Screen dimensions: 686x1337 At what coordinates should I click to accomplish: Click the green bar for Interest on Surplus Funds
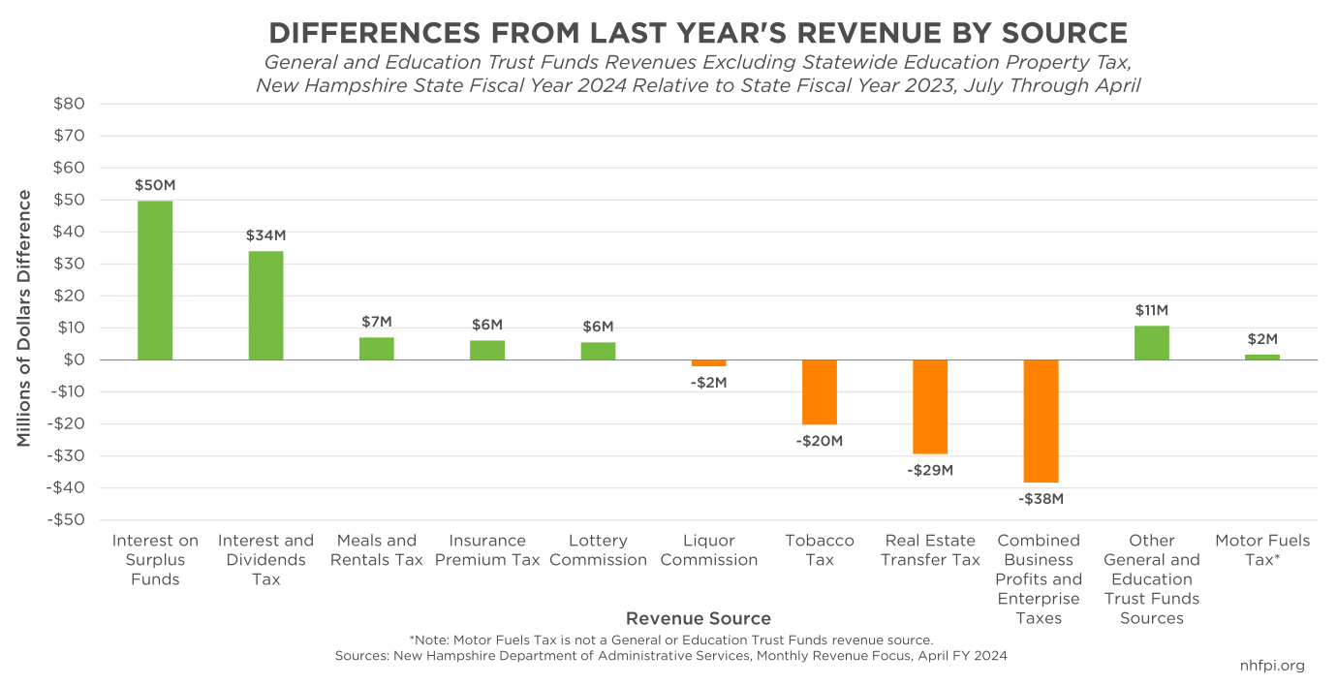tap(155, 280)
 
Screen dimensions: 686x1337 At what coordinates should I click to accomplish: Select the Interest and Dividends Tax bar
tap(265, 305)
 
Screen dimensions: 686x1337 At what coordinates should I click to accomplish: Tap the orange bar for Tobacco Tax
tap(820, 391)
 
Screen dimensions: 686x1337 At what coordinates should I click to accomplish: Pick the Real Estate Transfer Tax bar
tap(930, 406)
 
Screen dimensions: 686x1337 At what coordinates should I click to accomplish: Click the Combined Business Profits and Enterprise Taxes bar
tap(1041, 421)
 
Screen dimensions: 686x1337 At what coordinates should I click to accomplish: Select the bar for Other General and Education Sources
tap(1151, 343)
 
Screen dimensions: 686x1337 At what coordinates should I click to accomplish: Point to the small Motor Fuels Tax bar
tap(1261, 357)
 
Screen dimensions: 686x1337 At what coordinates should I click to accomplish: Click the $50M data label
tap(155, 185)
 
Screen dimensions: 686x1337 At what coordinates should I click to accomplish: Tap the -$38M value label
tap(1041, 499)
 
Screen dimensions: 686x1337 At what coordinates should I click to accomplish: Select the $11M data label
tap(1151, 310)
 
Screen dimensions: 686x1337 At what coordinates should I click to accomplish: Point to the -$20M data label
tap(820, 441)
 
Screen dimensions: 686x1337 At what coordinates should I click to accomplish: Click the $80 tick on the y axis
tap(67, 104)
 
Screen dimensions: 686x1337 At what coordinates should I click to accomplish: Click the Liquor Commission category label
tap(708, 550)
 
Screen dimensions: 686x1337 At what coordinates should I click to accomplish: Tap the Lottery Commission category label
tap(598, 550)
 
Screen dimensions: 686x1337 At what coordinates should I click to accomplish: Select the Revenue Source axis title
tap(698, 618)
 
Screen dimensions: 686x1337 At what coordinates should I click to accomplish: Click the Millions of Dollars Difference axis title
tap(24, 318)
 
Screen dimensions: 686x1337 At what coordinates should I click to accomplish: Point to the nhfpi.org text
tap(1272, 666)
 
